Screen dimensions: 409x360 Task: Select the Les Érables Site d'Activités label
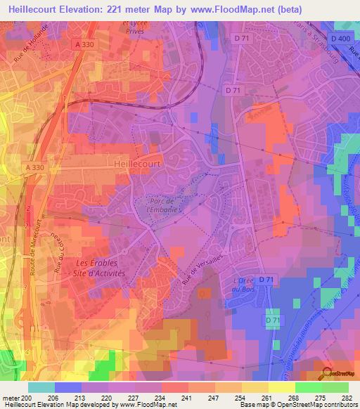click(x=100, y=268)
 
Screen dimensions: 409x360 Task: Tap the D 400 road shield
click(x=340, y=38)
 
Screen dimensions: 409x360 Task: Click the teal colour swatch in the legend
click(x=41, y=387)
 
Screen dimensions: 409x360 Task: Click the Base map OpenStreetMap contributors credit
click(x=298, y=405)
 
